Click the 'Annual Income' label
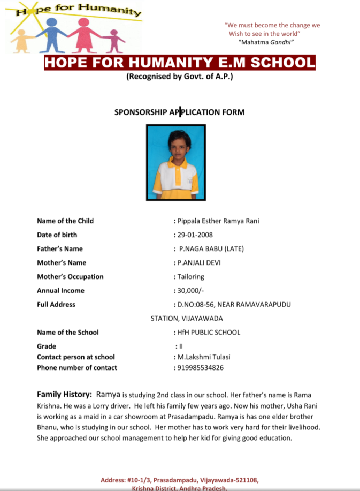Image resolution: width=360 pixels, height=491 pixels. tap(61, 290)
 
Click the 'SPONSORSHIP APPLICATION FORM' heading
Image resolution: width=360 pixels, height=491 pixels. tap(179, 112)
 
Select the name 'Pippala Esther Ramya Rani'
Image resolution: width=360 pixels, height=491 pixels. tap(218, 221)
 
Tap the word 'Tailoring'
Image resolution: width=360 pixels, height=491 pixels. tap(191, 276)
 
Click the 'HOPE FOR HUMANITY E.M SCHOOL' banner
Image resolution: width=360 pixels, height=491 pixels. tap(180, 63)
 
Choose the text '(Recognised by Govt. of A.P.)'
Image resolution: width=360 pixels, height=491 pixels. tap(180, 76)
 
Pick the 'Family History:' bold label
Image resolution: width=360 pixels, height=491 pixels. tap(64, 394)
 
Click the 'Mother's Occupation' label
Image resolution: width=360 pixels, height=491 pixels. tap(70, 276)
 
